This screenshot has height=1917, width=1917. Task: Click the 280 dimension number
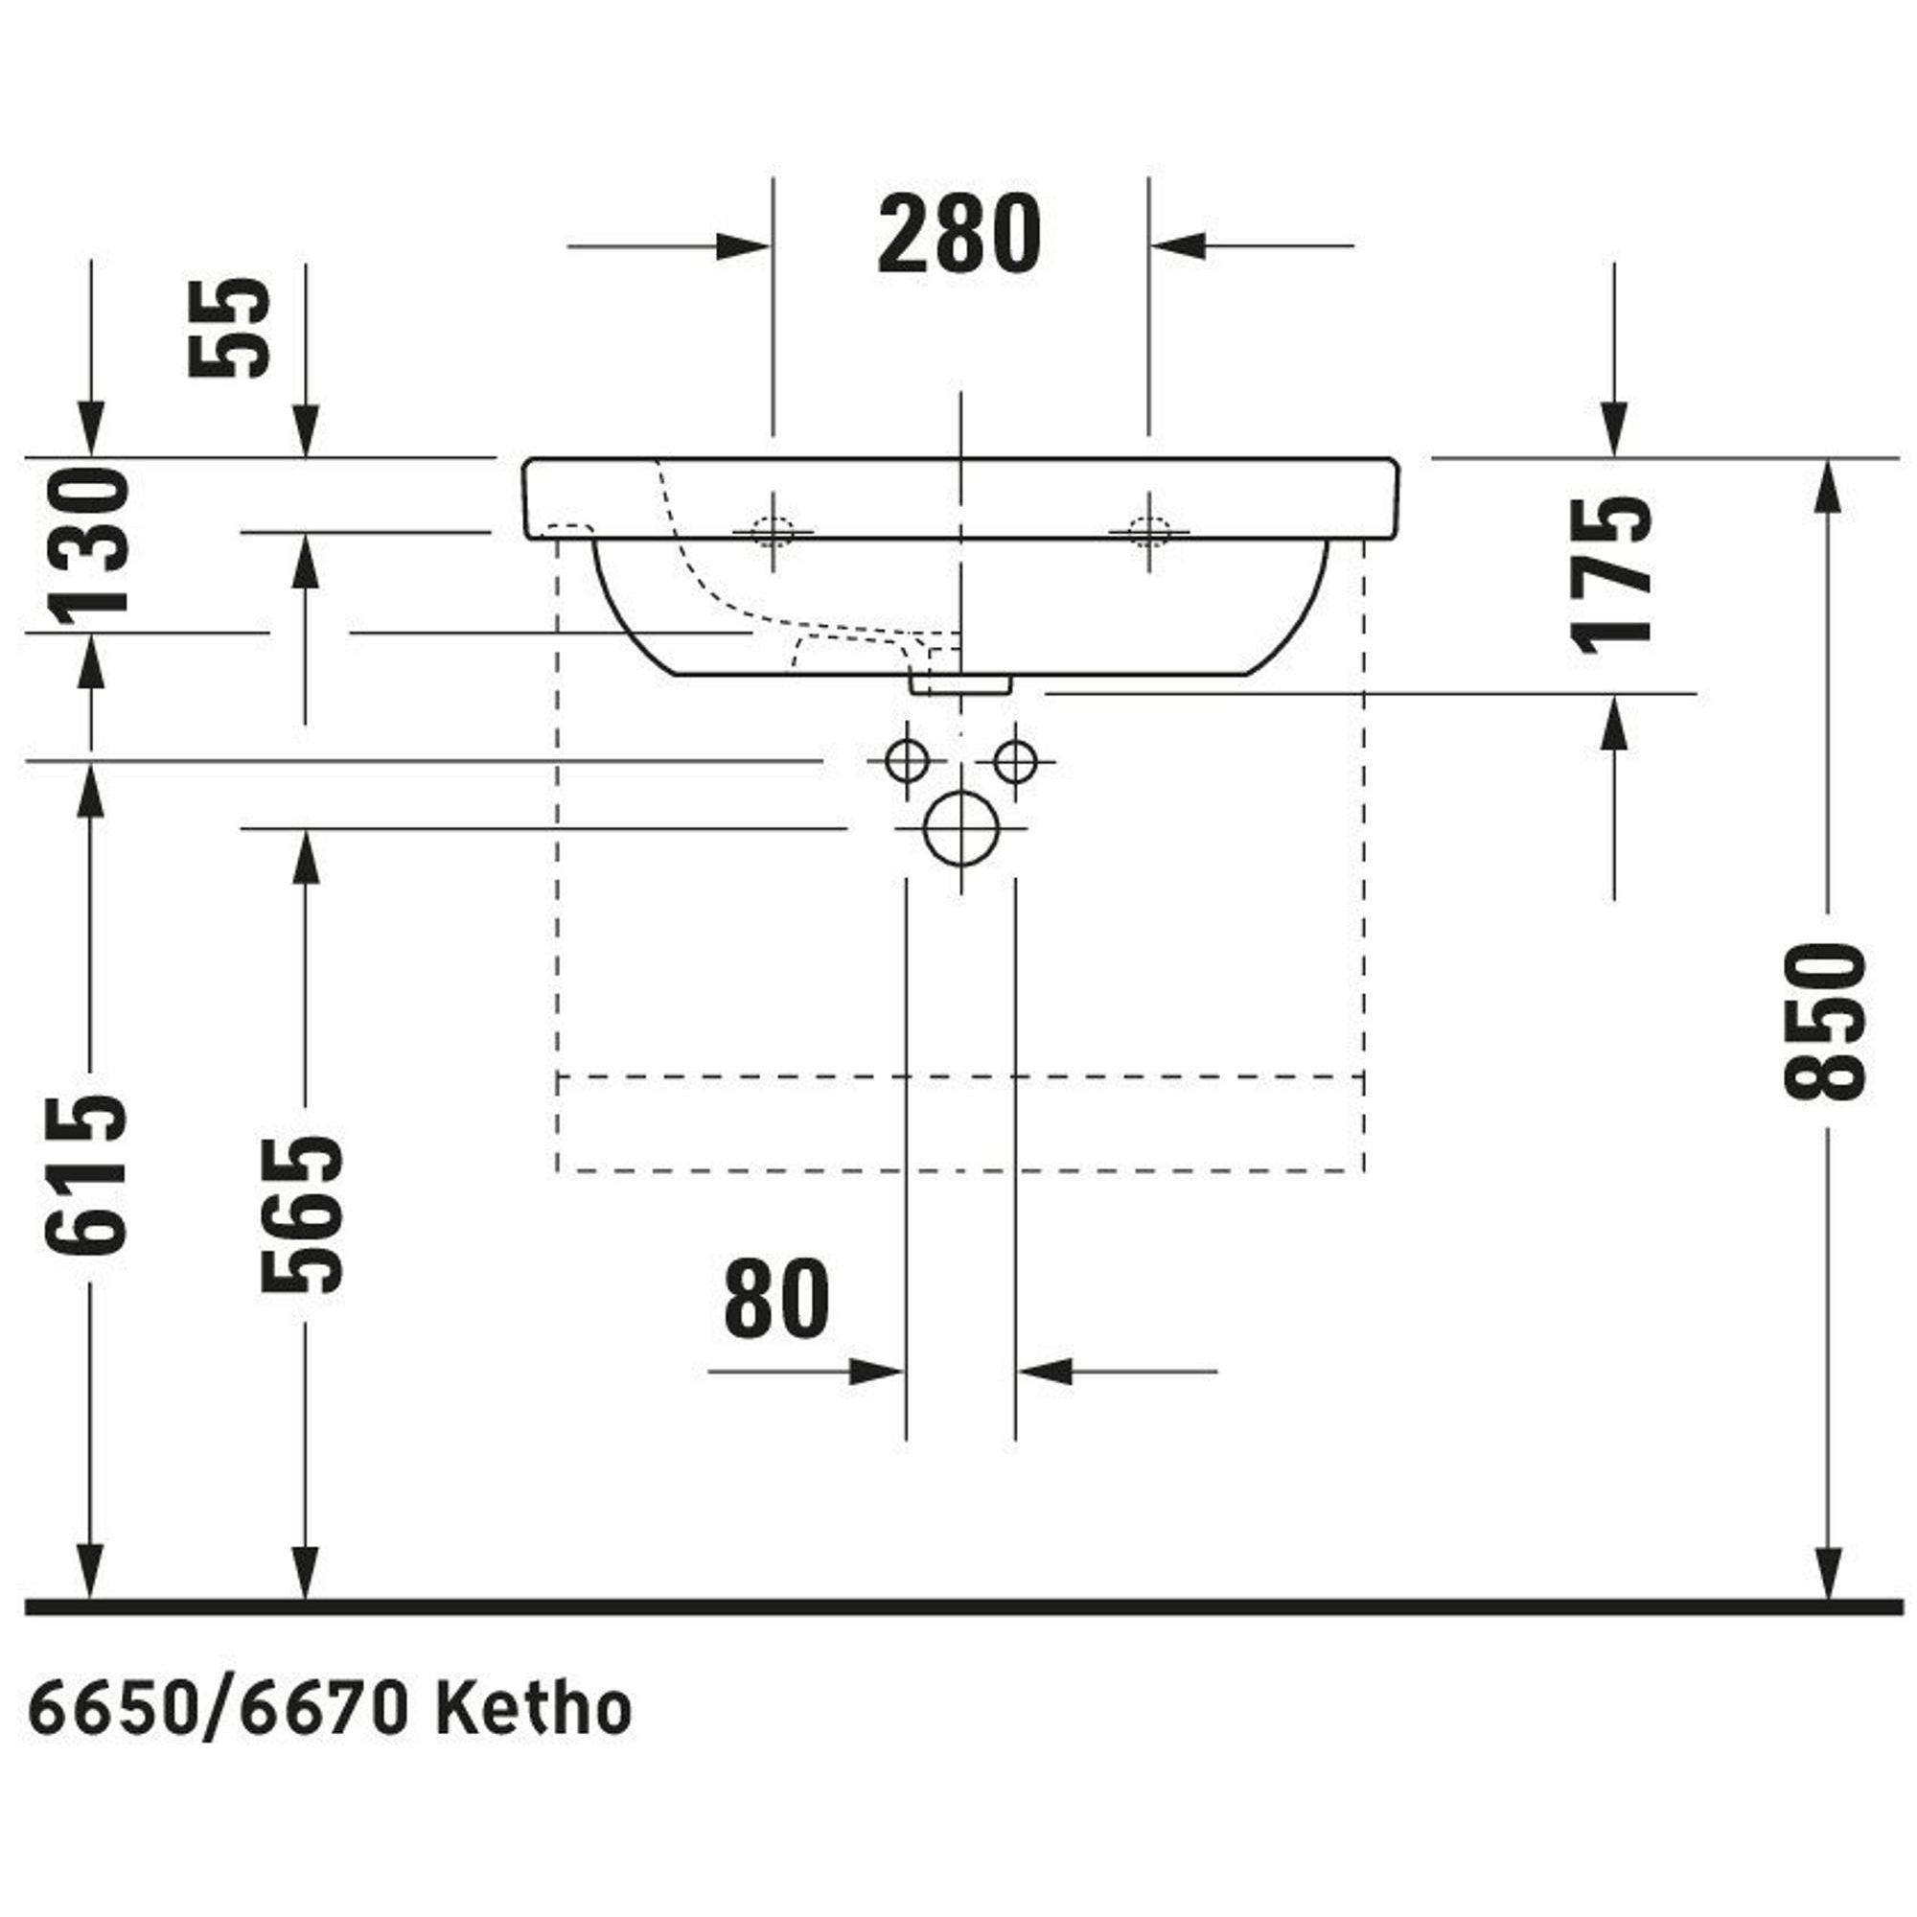coord(959,234)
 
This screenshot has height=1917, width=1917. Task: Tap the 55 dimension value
coord(229,327)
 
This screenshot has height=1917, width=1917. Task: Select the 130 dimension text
coord(89,548)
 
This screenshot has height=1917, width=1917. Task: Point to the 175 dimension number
coord(1612,573)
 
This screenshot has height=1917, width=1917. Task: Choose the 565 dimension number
coord(303,1214)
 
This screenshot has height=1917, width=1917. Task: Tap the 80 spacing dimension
coord(777,1298)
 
